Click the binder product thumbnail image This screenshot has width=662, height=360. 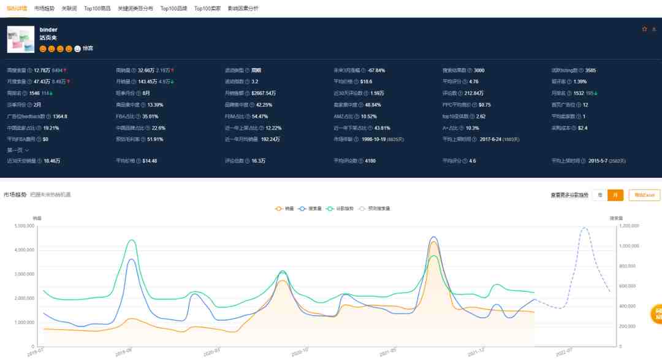21,39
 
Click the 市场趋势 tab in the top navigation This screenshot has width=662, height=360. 44,9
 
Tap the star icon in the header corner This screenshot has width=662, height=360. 644,29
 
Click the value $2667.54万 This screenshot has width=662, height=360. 264,93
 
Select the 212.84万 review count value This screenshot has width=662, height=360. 474,93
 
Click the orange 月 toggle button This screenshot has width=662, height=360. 615,195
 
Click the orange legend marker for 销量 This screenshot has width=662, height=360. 280,209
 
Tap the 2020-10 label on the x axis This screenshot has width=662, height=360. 300,353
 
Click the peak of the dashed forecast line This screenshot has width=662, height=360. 584,228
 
